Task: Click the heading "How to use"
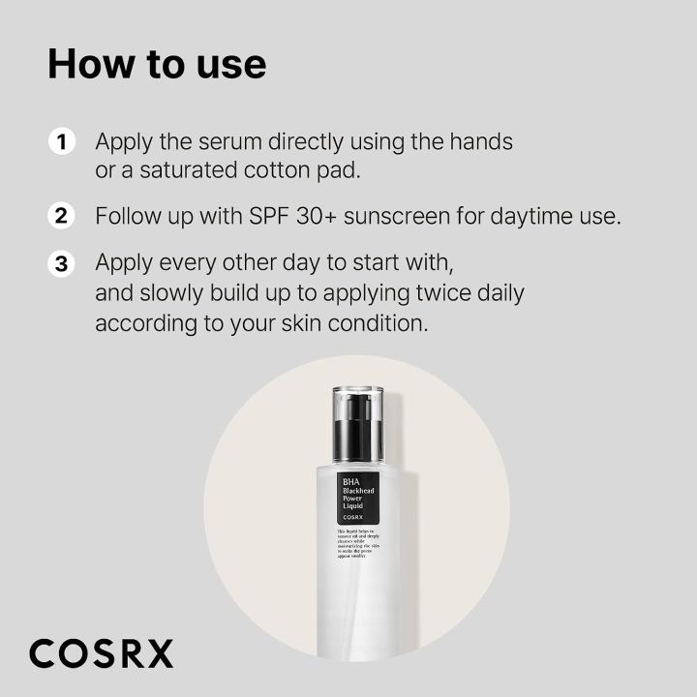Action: (157, 64)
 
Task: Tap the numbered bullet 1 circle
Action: (61, 142)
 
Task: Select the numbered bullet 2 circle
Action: (61, 215)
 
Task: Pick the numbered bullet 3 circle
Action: (61, 263)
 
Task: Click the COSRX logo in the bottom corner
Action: (101, 653)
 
